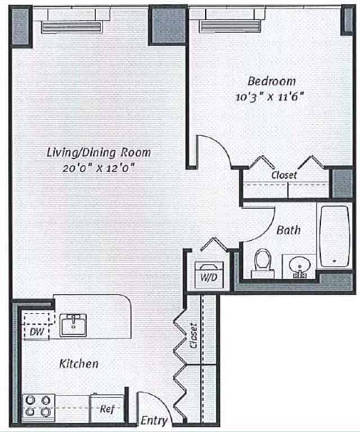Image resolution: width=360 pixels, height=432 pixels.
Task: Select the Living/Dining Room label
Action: pyautogui.click(x=99, y=152)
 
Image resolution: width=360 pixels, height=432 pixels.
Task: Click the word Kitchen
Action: pyautogui.click(x=79, y=364)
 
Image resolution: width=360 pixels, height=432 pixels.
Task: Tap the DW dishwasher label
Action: pyautogui.click(x=37, y=332)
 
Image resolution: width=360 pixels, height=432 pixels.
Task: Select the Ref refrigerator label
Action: pyautogui.click(x=106, y=409)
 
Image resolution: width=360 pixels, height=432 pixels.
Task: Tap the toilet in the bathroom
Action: pyautogui.click(x=262, y=263)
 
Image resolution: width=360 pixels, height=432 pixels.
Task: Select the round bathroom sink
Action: pyautogui.click(x=299, y=264)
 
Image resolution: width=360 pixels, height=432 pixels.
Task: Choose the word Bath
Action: pyautogui.click(x=288, y=229)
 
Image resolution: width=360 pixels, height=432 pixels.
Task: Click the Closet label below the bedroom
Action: pyautogui.click(x=284, y=175)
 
